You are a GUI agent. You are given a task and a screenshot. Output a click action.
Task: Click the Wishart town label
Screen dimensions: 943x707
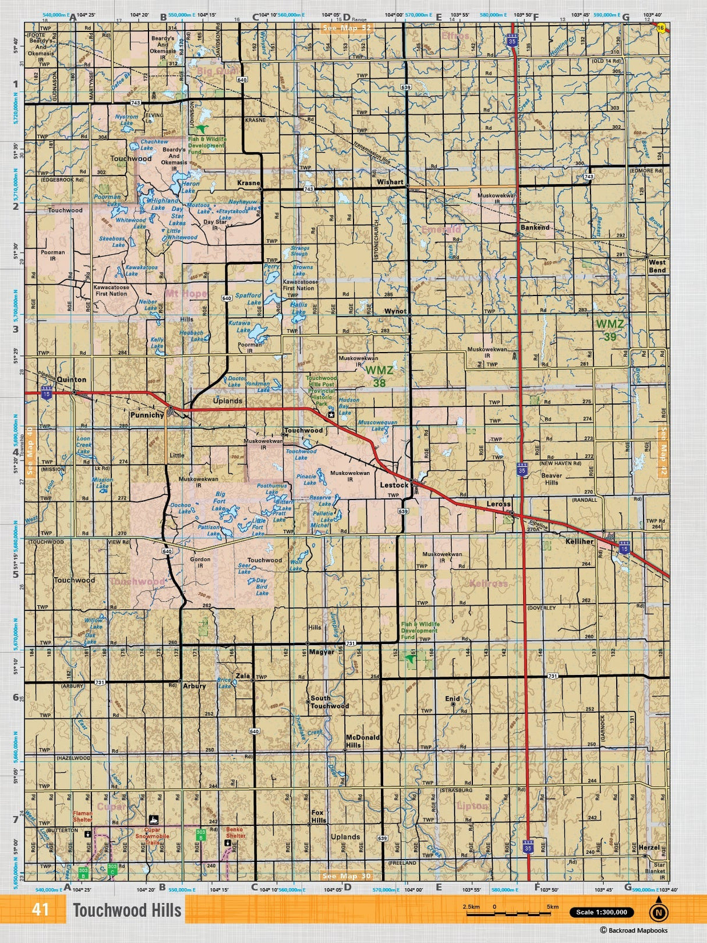[390, 182]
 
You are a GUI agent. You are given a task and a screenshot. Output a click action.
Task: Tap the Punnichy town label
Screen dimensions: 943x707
[147, 415]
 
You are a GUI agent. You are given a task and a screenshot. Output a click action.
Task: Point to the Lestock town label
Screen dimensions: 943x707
[394, 485]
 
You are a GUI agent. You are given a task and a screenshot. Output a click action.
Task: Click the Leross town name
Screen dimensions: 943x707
[499, 504]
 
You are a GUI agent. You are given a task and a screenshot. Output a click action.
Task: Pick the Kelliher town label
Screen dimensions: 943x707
[579, 541]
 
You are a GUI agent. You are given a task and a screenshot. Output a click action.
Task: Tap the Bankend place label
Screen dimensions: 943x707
[535, 227]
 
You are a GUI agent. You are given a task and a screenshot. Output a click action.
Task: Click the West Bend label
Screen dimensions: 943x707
[657, 266]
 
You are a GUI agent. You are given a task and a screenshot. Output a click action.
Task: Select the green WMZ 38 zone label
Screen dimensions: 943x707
[379, 376]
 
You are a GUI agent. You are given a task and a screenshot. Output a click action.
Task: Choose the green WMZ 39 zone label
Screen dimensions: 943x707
[610, 330]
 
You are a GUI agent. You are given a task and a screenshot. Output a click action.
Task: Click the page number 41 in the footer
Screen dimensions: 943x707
[41, 910]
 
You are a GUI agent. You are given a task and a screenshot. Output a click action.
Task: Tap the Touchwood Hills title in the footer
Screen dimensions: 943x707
[127, 910]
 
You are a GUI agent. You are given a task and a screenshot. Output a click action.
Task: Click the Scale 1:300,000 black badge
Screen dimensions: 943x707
[601, 912]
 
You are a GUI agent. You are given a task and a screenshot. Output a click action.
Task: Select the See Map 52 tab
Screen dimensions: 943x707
[346, 27]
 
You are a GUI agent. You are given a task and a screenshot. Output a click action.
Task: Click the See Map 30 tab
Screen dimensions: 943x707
[346, 876]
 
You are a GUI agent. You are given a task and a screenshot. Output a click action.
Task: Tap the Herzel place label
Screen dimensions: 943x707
[649, 847]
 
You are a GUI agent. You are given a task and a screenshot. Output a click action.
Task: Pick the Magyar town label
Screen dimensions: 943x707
[321, 652]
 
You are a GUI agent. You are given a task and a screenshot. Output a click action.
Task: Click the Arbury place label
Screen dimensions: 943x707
[194, 686]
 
